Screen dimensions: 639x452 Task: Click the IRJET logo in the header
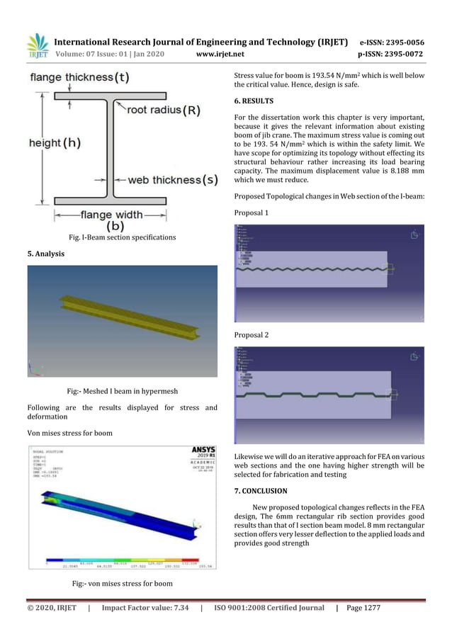37,45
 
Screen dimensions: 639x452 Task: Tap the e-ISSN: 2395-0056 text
402,42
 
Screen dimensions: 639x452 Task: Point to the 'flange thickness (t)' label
79,77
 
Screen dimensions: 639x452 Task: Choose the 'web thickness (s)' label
172,180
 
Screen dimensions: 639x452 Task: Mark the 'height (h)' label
55,142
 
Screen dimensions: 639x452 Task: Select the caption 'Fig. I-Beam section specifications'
122,237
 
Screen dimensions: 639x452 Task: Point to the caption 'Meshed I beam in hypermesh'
122,390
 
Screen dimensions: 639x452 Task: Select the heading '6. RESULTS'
254,101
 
